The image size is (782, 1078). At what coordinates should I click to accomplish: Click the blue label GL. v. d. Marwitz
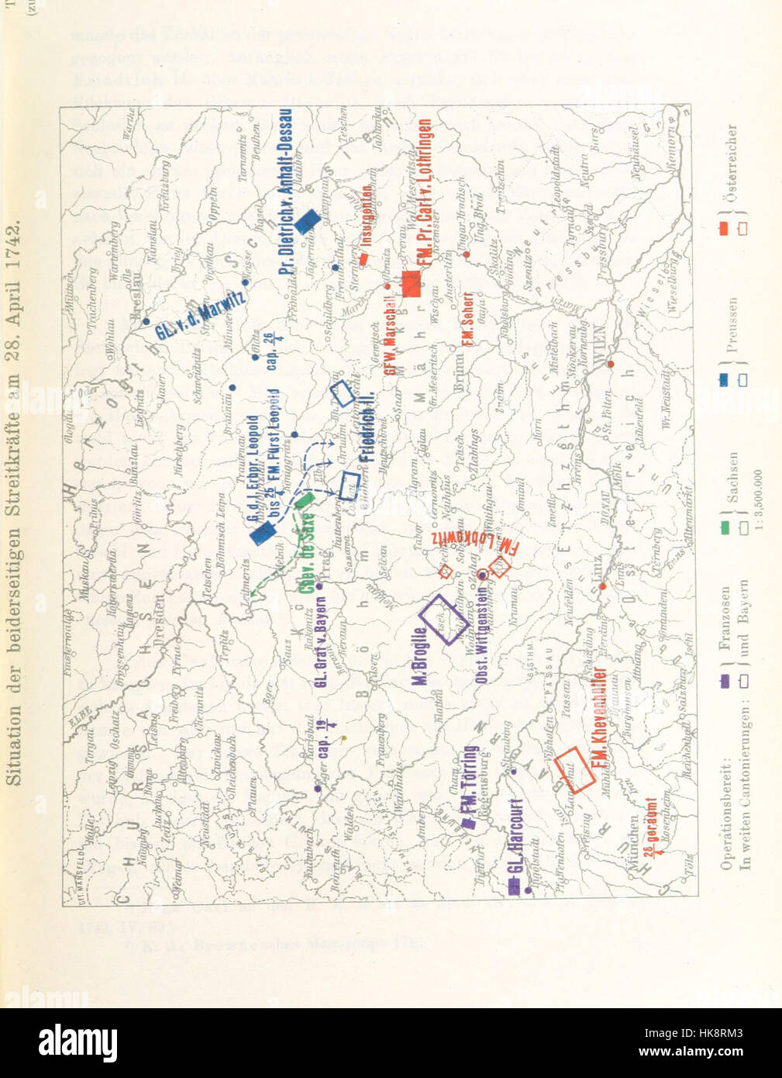coord(199,315)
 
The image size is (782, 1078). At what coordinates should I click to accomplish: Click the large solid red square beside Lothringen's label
coord(410,285)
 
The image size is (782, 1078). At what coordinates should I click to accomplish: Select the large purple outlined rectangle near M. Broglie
coord(444,619)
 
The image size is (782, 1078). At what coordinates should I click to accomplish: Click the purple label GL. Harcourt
coord(517,846)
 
